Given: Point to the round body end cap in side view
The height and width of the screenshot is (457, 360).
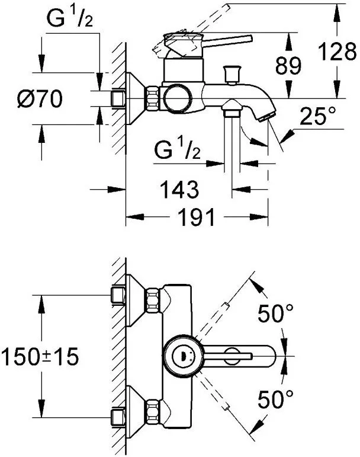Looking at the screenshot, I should [x=177, y=97].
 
